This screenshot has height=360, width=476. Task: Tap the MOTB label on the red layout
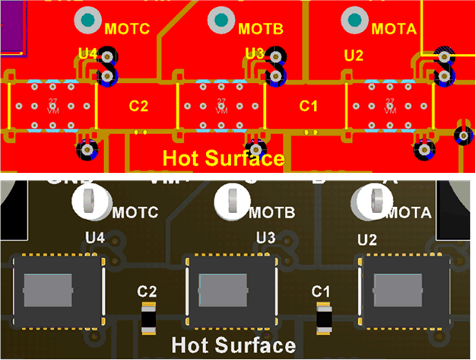tap(261, 30)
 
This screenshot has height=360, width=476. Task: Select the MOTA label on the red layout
tap(394, 30)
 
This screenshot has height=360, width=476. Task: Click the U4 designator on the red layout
tap(88, 54)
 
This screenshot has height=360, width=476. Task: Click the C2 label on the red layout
tap(138, 106)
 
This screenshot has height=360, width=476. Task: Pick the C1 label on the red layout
tap(307, 106)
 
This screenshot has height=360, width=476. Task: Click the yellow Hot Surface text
tap(224, 158)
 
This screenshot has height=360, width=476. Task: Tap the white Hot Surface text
tap(233, 346)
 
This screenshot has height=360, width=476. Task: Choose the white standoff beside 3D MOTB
tap(231, 200)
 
